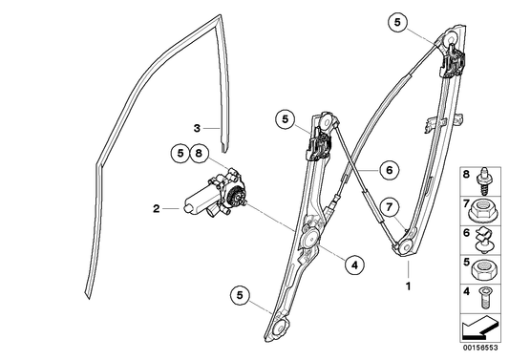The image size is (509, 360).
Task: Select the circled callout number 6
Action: [387, 170]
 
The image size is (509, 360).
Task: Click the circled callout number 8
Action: [199, 152]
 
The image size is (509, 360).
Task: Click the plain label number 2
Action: [155, 207]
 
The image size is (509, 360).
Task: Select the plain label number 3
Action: [195, 127]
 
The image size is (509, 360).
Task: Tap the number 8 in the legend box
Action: [467, 177]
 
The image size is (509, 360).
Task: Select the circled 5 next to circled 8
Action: [180, 152]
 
